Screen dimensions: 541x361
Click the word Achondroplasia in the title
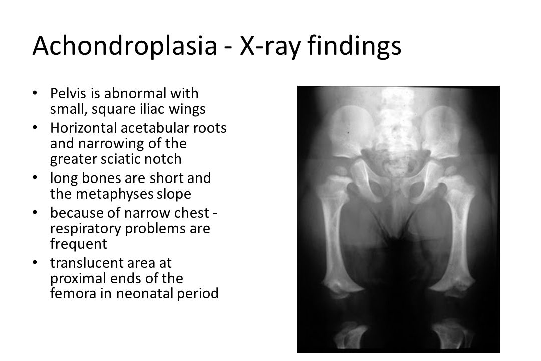tap(125, 45)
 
